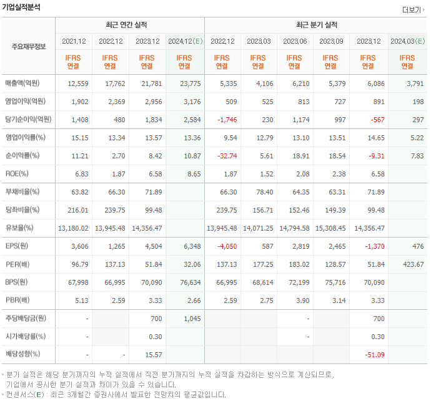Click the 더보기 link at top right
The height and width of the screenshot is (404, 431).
pos(412,10)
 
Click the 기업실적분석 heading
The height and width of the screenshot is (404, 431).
pos(22,7)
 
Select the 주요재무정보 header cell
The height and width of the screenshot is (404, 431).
pos(29,47)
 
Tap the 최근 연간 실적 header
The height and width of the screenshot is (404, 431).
pos(129,25)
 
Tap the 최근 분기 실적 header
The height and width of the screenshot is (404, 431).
pos(316,25)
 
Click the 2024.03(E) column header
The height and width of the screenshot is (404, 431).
pos(407,42)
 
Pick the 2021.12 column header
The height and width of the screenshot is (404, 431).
pos(74,42)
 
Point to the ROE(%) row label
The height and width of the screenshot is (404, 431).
pos(18,174)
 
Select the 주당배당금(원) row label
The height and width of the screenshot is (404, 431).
pos(26,319)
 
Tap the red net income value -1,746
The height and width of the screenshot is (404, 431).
pos(225,120)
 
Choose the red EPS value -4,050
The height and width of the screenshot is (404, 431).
pos(225,246)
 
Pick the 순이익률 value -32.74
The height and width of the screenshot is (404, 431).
pos(225,156)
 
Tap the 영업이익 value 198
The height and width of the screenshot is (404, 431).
pos(416,102)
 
